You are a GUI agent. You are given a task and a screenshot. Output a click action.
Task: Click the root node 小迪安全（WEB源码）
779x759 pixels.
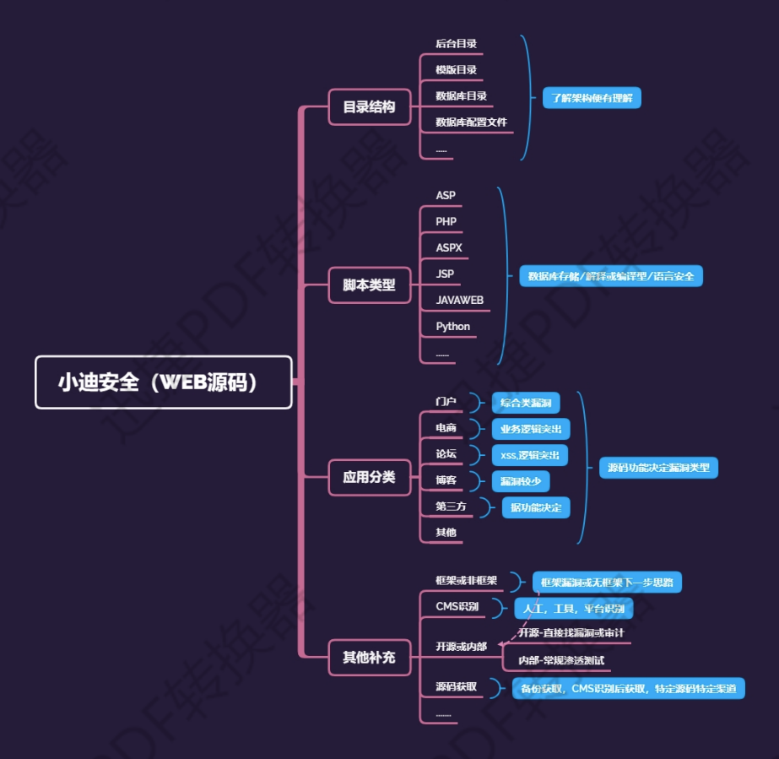click(x=163, y=382)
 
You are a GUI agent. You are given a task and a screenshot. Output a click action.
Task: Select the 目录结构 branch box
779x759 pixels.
click(x=369, y=107)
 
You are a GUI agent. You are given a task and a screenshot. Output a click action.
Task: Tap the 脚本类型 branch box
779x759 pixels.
click(x=369, y=285)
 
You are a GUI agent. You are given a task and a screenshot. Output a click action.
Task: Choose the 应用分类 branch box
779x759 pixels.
click(x=369, y=477)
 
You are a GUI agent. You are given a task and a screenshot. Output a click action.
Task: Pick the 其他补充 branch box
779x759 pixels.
click(x=369, y=657)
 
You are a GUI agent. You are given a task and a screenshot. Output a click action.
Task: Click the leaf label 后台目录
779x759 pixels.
click(x=457, y=44)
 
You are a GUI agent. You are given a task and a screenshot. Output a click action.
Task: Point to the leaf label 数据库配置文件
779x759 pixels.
click(x=471, y=122)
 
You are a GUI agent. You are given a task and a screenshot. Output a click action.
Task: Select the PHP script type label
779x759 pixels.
click(x=446, y=222)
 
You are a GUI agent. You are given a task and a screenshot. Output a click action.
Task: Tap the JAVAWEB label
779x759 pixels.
click(x=460, y=301)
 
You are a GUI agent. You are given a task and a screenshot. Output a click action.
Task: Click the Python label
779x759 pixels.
click(x=453, y=327)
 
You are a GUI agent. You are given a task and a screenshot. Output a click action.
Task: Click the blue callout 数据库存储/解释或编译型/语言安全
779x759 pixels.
click(x=610, y=276)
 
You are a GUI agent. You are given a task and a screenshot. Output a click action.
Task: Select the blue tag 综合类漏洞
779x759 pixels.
click(x=525, y=403)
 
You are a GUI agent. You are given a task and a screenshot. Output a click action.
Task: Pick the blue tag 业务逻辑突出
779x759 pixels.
click(x=529, y=429)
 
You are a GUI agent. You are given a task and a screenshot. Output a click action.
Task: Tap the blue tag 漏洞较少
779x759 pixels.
click(x=520, y=481)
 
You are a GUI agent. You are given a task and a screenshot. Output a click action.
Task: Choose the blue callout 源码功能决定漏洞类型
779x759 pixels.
click(x=658, y=468)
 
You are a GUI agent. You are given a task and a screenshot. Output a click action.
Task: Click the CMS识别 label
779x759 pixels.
click(x=457, y=607)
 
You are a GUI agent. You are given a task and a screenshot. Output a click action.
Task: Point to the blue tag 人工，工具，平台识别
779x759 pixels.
click(x=574, y=609)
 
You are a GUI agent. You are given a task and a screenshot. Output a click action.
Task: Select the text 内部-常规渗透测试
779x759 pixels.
click(x=561, y=660)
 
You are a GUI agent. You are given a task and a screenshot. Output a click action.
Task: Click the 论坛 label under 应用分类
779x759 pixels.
click(x=446, y=454)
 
